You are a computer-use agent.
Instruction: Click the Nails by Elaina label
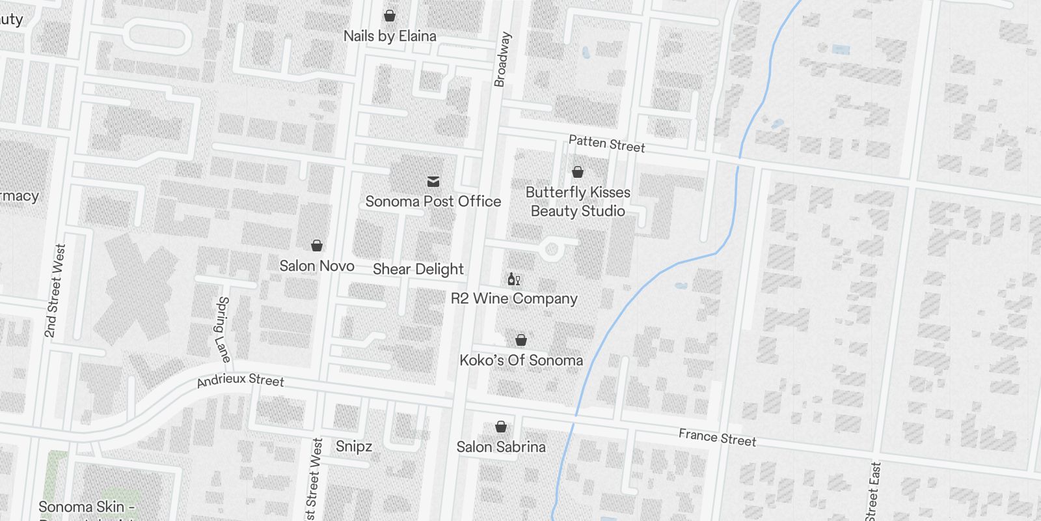390,36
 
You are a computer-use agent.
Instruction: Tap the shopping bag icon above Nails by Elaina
390,16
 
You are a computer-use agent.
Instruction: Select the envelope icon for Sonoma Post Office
433,182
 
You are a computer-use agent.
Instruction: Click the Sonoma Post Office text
433,202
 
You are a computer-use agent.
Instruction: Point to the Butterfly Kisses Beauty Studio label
578,202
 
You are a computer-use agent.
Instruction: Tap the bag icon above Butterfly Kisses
578,172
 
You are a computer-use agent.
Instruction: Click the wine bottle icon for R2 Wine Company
514,279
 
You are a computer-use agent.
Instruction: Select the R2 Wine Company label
514,299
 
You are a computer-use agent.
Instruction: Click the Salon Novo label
317,266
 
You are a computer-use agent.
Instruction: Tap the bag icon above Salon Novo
317,246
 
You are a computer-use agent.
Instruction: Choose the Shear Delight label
418,270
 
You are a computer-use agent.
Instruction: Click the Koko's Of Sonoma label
521,361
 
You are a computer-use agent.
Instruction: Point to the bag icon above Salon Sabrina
501,427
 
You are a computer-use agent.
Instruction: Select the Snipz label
354,447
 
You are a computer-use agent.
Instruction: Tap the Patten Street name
606,144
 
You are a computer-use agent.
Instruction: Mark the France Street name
717,438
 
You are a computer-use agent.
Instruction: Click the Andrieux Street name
241,380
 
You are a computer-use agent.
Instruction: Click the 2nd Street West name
55,291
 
